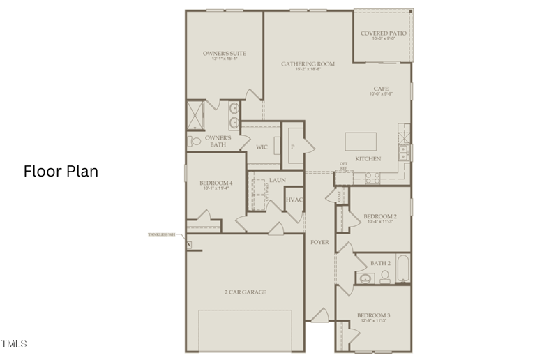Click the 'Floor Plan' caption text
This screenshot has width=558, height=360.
[61, 171]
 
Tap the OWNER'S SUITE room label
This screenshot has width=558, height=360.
[224, 53]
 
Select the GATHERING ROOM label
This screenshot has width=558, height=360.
[308, 63]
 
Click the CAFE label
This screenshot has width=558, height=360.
[380, 89]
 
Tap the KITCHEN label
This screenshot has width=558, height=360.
[368, 159]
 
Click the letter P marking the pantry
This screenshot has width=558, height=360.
[292, 147]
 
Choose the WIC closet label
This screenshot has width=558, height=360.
[262, 147]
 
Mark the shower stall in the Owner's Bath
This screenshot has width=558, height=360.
[195, 114]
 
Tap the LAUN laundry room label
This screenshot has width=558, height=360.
[278, 180]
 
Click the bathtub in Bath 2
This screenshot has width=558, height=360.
[402, 270]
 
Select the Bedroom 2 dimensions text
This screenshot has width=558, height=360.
[380, 223]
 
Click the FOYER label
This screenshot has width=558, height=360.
[319, 242]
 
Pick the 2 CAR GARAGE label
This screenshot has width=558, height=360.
[245, 292]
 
